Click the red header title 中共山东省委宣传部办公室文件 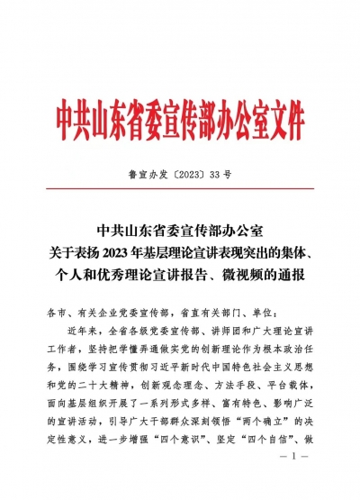pos(180,119)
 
